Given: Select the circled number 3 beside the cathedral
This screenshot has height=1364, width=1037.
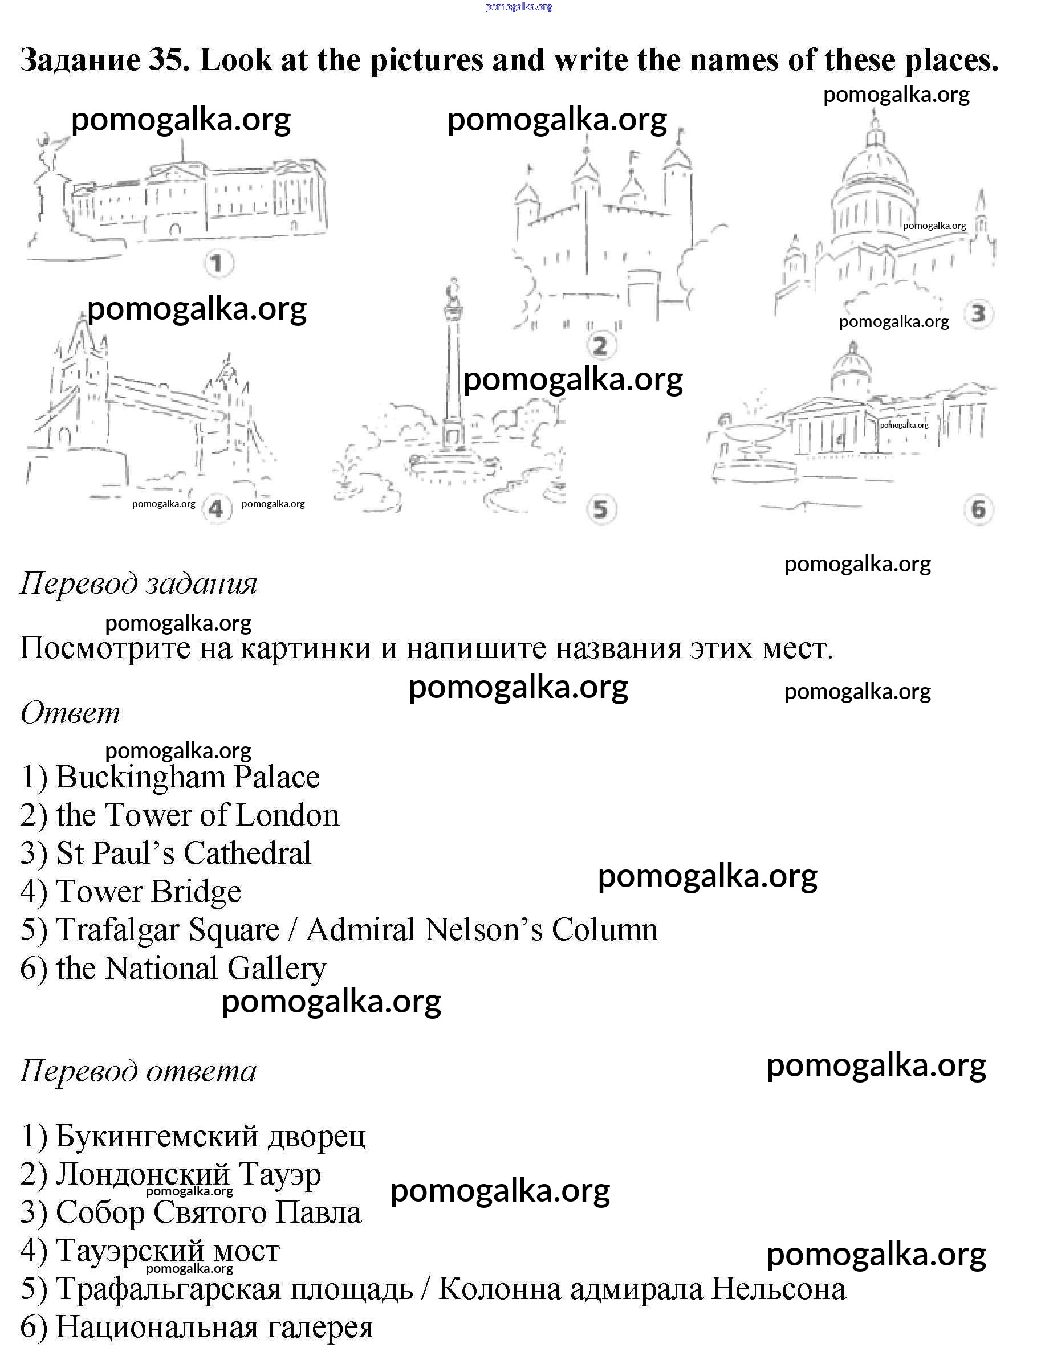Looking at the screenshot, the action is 978,313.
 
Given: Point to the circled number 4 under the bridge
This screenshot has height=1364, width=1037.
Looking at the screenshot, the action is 215,509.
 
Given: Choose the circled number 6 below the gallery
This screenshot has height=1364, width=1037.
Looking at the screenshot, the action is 978,509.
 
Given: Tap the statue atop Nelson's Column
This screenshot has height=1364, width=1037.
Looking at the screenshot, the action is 454,291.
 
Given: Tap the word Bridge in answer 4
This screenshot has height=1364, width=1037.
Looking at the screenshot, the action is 196,892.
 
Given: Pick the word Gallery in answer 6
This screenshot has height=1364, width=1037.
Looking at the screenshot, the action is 276,969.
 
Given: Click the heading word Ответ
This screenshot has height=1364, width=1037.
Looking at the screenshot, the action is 70,713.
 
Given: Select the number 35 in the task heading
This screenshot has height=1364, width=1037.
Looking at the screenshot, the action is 169,60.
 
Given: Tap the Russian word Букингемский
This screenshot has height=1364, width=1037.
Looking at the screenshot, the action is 157,1136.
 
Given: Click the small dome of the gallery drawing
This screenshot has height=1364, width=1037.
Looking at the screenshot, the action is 852,367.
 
